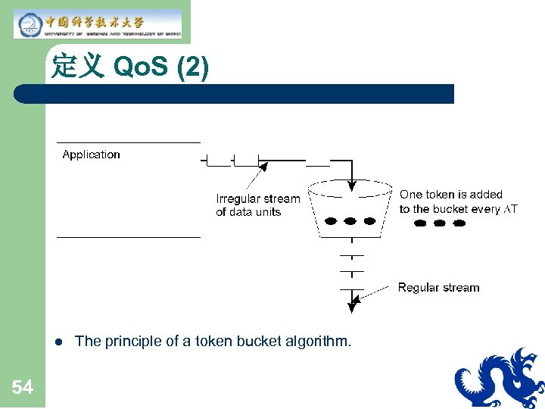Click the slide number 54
[23, 388]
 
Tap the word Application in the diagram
[91, 155]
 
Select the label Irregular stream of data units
[257, 205]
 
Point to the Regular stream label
[438, 288]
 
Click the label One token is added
[451, 195]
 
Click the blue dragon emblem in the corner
[499, 379]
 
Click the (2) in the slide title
[192, 67]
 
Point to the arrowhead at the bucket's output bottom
[352, 306]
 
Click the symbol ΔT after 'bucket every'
[511, 210]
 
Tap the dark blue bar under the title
[235, 94]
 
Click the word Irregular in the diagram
[238, 199]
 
